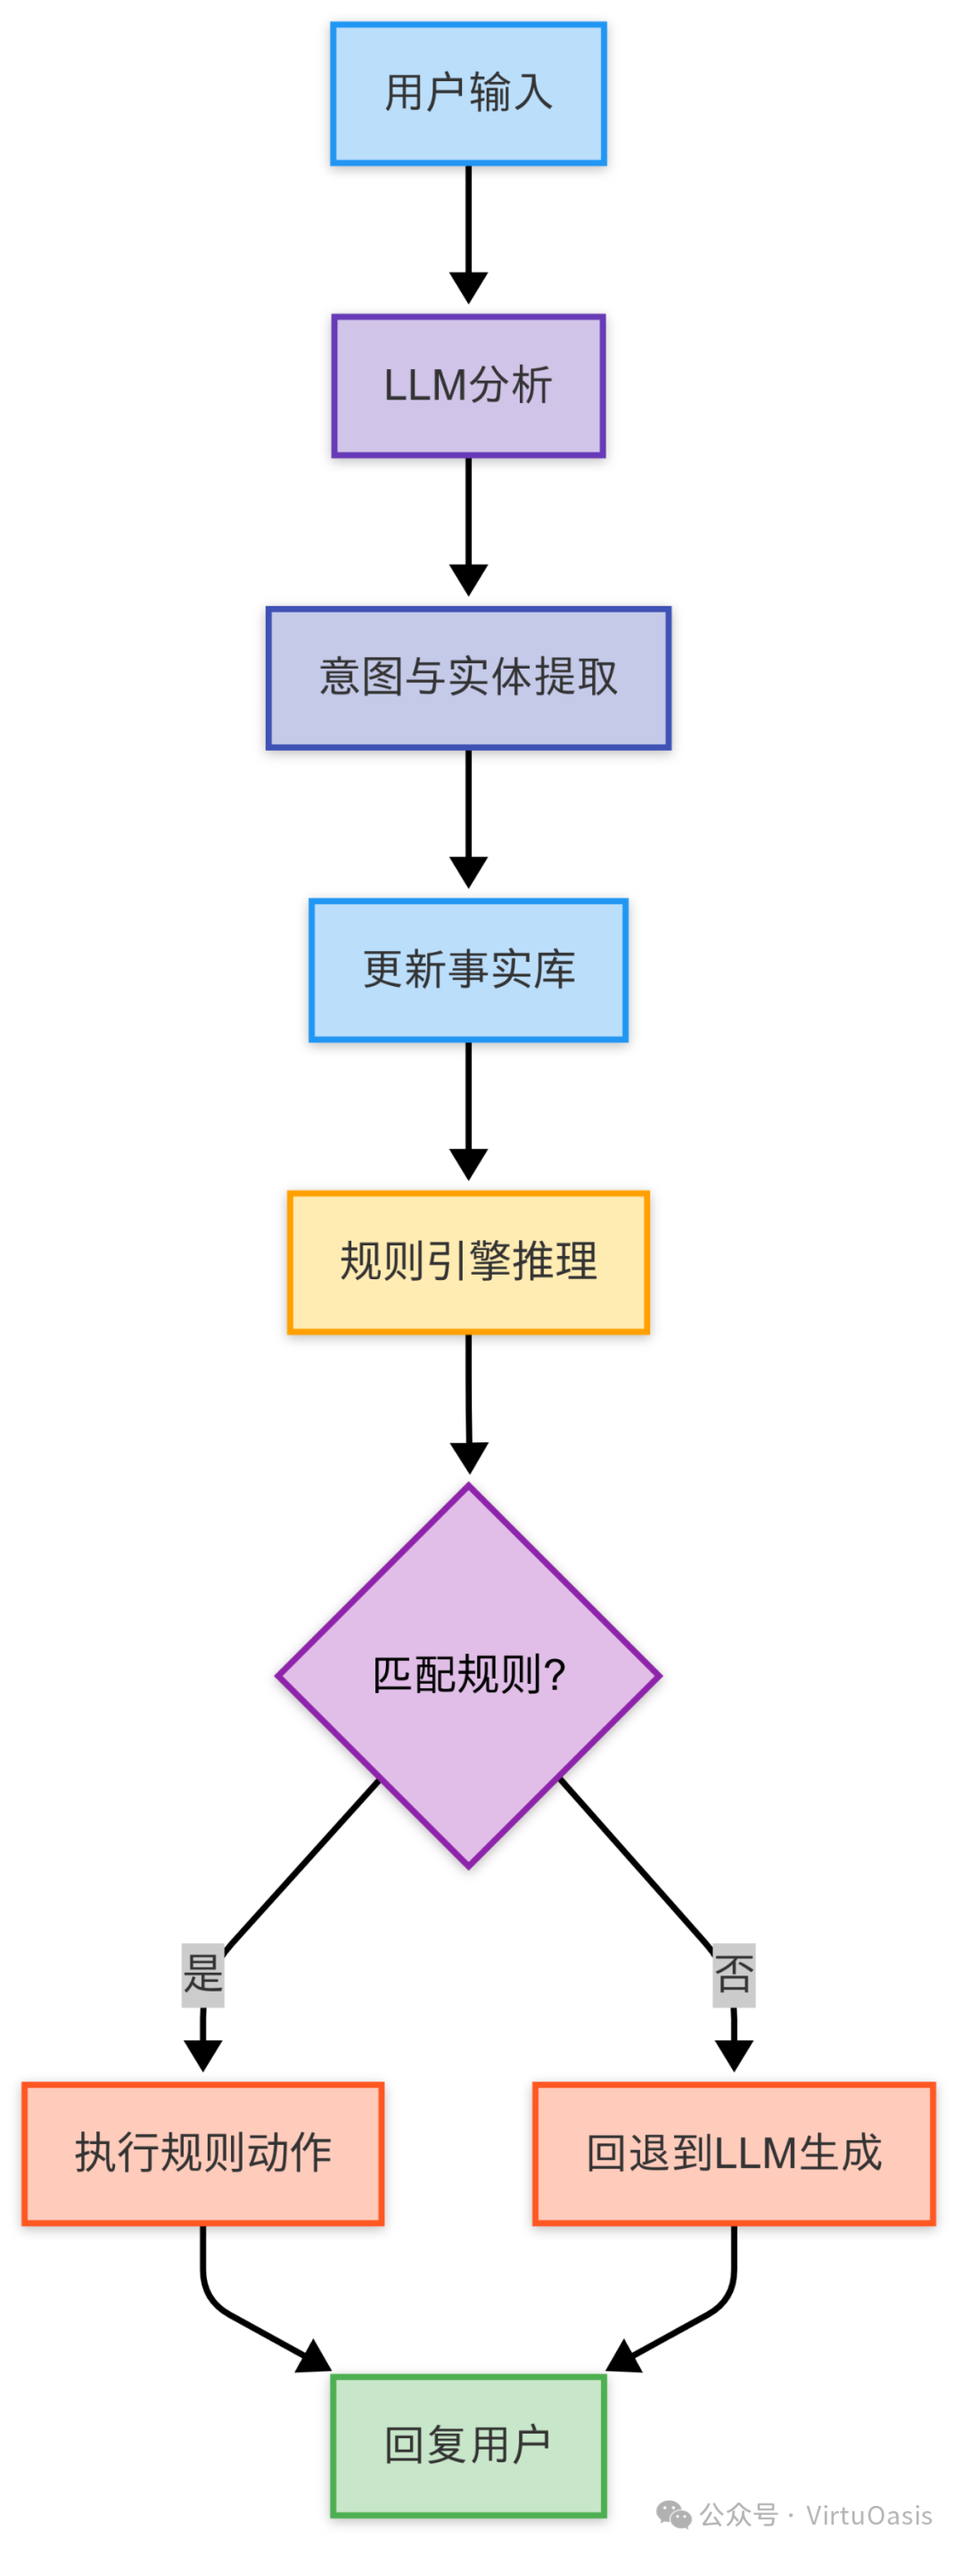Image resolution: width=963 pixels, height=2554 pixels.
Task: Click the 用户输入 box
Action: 468,94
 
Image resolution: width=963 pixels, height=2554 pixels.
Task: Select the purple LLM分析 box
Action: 468,386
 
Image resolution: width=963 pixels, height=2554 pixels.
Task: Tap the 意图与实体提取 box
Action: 468,678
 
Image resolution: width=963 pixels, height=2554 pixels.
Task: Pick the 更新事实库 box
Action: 468,970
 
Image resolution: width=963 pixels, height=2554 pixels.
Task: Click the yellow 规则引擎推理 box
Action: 468,1262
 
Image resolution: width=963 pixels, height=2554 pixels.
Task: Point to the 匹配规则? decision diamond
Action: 468,1676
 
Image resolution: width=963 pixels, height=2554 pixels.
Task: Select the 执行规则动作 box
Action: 203,2154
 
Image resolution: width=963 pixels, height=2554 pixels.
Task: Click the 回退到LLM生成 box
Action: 734,2154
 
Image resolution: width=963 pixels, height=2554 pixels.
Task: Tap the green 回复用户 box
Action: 468,2445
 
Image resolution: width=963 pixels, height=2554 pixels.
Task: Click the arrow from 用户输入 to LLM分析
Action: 468,233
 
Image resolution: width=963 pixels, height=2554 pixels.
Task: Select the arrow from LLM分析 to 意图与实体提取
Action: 468,525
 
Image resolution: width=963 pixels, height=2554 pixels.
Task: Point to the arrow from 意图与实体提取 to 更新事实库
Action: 468,818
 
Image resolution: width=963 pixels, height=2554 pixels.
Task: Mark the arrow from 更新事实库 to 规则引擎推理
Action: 468,1111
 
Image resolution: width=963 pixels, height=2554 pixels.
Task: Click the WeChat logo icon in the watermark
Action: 674,2515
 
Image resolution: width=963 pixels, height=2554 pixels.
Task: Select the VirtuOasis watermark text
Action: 868,2516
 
